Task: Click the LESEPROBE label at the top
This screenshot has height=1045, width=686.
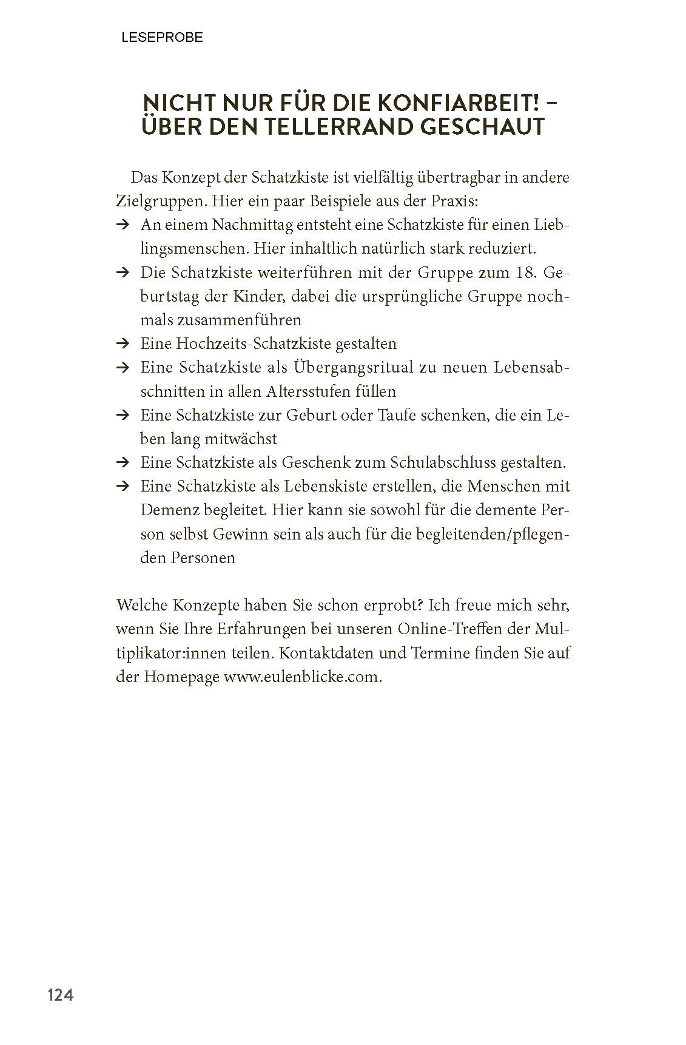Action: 162,38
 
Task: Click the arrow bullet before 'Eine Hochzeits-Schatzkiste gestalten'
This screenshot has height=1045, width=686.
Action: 123,344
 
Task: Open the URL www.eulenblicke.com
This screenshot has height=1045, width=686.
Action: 303,677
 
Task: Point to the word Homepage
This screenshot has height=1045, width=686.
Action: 181,677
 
